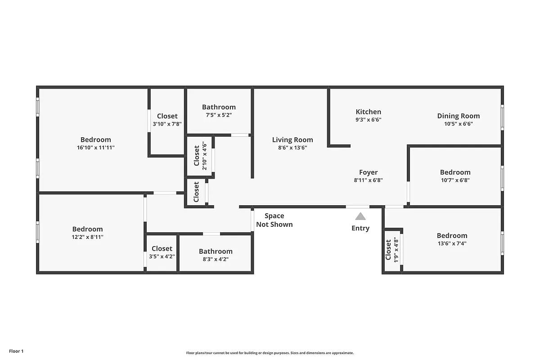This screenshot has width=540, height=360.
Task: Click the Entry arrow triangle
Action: pyautogui.click(x=360, y=216)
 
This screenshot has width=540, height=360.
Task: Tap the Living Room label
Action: pyautogui.click(x=292, y=139)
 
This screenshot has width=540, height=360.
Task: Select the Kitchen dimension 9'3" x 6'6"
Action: pyautogui.click(x=369, y=120)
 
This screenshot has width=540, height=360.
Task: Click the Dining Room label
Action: pyautogui.click(x=458, y=116)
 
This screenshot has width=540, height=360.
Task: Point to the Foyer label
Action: pyautogui.click(x=368, y=172)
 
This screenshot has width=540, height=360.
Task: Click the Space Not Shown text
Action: pyautogui.click(x=274, y=220)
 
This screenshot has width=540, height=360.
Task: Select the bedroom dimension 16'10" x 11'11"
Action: pyautogui.click(x=95, y=148)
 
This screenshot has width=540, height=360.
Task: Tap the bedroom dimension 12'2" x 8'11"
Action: pyautogui.click(x=88, y=237)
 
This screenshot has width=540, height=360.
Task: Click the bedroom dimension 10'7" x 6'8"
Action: pyautogui.click(x=455, y=180)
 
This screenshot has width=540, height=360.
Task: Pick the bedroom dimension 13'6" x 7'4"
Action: pyautogui.click(x=452, y=243)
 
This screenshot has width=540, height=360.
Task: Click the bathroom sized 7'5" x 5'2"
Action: pyautogui.click(x=219, y=111)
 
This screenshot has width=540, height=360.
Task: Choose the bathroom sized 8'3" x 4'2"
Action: pyautogui.click(x=216, y=255)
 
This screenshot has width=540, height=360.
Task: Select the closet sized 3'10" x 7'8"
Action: pyautogui.click(x=167, y=120)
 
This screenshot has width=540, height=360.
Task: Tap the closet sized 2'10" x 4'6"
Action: pyautogui.click(x=200, y=155)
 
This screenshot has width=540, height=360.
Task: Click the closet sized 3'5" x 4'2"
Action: pyautogui.click(x=162, y=252)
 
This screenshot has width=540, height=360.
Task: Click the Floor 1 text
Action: pyautogui.click(x=16, y=351)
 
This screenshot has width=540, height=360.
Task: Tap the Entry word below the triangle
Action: pyautogui.click(x=360, y=228)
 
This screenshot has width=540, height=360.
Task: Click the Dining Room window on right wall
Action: pyautogui.click(x=502, y=118)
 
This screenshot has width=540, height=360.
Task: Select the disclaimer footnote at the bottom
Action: pyautogui.click(x=270, y=353)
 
